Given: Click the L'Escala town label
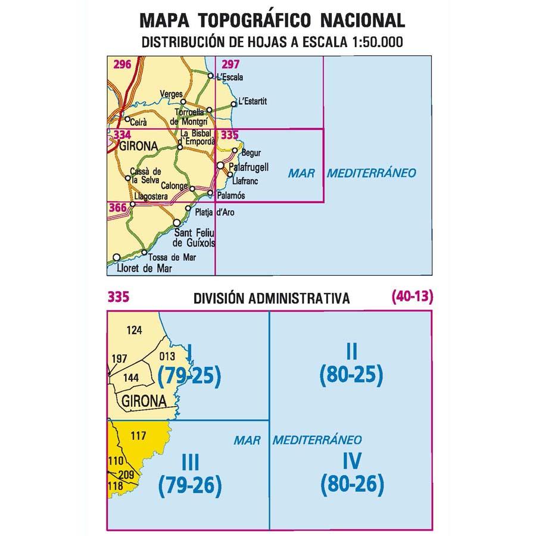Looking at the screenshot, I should point(230,77).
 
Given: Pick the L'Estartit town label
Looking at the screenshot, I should point(252,101).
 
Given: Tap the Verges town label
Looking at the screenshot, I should point(171,94).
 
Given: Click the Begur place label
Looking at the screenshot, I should point(244,152).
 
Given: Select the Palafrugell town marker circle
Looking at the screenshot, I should point(220,166).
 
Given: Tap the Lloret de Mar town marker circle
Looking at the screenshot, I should point(117,257).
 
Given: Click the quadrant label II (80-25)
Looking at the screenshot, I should point(351,365).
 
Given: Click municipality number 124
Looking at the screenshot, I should point(135,329).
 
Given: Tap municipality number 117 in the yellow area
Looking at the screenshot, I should point(138,436).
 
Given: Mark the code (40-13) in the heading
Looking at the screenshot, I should point(412,296).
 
